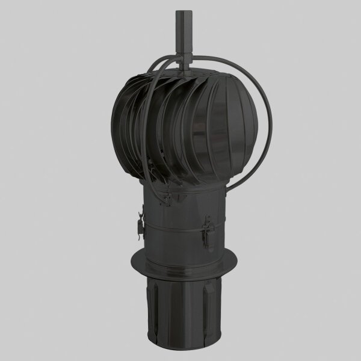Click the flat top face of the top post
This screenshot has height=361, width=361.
click(x=182, y=11)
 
